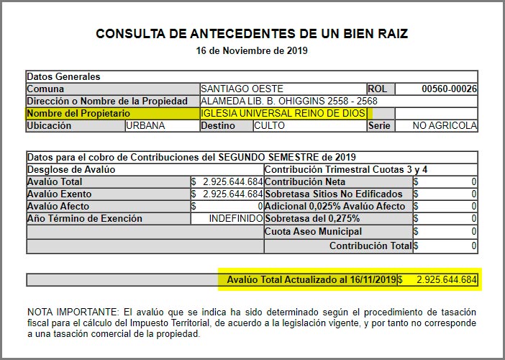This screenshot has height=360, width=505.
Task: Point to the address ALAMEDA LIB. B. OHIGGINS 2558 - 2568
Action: pyautogui.click(x=288, y=102)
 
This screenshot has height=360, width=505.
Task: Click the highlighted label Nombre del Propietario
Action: pyautogui.click(x=78, y=114)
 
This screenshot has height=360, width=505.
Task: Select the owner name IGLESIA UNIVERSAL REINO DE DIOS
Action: pyautogui.click(x=284, y=114)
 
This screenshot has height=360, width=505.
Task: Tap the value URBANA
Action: pyautogui.click(x=146, y=126)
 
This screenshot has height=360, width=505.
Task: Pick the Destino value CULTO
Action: pyautogui.click(x=270, y=126)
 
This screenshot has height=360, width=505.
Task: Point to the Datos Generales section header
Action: pyautogui.click(x=63, y=76)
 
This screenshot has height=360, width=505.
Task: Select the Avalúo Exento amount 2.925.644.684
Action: pyautogui.click(x=232, y=194)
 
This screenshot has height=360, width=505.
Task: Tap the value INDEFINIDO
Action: pyautogui.click(x=236, y=219)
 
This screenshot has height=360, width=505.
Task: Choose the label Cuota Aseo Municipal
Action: pyautogui.click(x=313, y=232)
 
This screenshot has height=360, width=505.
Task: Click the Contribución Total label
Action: pyautogui.click(x=370, y=246)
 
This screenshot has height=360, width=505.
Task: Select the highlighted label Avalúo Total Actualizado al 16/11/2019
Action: pyautogui.click(x=311, y=279)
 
